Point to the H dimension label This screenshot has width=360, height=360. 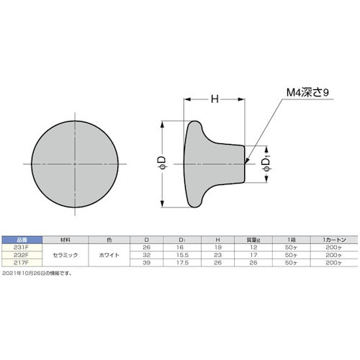point(213,100)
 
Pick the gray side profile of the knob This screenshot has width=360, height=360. point(209,163)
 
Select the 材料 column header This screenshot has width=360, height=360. point(66,240)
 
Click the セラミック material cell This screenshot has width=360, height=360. point(66,255)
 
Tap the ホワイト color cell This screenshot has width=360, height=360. point(108,255)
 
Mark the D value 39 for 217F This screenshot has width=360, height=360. point(147,262)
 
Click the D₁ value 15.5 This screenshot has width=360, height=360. point(181,255)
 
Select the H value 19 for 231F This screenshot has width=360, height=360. point(216,247)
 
